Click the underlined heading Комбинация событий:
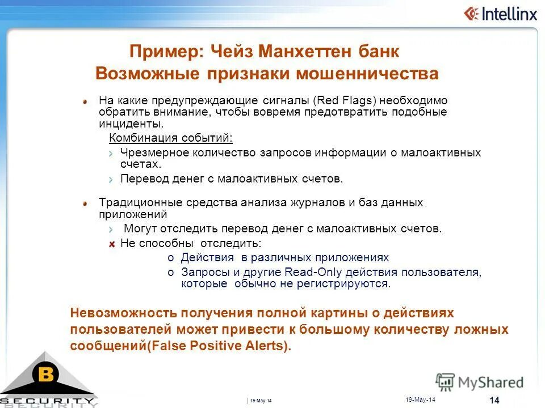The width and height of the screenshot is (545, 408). click(x=171, y=138)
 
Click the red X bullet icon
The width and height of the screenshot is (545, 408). click(x=112, y=244)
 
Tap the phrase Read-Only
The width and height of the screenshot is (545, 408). click(x=312, y=273)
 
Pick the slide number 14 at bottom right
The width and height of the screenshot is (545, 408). click(x=494, y=401)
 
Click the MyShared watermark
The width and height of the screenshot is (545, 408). click(x=480, y=381)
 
